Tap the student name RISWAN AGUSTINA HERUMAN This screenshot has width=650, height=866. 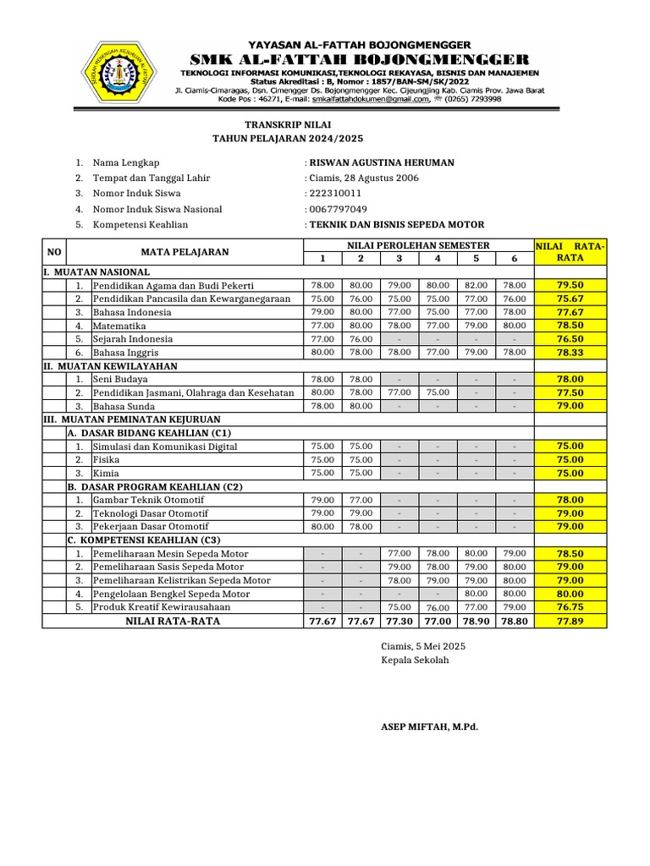tap(382, 162)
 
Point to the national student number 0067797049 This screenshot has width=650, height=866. tap(338, 209)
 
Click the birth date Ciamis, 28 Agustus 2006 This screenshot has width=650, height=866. tap(364, 178)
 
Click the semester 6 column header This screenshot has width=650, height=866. tap(514, 258)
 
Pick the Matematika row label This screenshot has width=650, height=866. tap(119, 326)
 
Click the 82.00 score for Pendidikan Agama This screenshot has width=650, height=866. tap(476, 285)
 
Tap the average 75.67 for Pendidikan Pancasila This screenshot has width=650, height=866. tap(570, 299)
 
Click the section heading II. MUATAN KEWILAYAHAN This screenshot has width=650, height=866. tap(111, 365)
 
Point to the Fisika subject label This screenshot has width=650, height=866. tap(107, 459)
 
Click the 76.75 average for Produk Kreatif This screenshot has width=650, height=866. tap(570, 607)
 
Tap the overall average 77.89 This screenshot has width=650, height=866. tap(570, 621)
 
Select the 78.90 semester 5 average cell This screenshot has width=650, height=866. tap(476, 621)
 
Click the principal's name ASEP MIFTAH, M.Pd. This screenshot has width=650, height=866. tap(429, 726)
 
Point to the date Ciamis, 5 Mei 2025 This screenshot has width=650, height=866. tap(423, 646)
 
